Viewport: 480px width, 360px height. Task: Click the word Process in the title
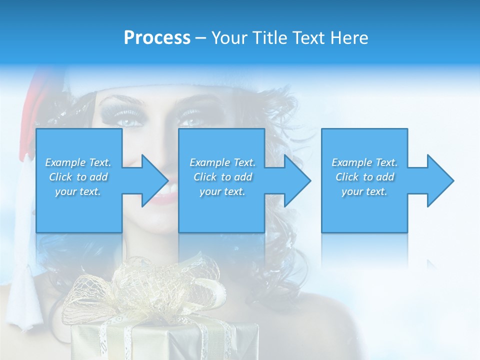pyautogui.click(x=157, y=38)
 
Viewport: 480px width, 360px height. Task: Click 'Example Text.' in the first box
pyautogui.click(x=78, y=162)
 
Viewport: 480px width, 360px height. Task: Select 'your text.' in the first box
pyautogui.click(x=78, y=191)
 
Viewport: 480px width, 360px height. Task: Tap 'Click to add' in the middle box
pyautogui.click(x=222, y=177)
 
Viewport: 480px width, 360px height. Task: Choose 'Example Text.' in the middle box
pyautogui.click(x=222, y=162)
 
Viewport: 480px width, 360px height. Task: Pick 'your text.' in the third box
pyautogui.click(x=364, y=191)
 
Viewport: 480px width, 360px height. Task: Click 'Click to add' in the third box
pyautogui.click(x=364, y=177)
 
